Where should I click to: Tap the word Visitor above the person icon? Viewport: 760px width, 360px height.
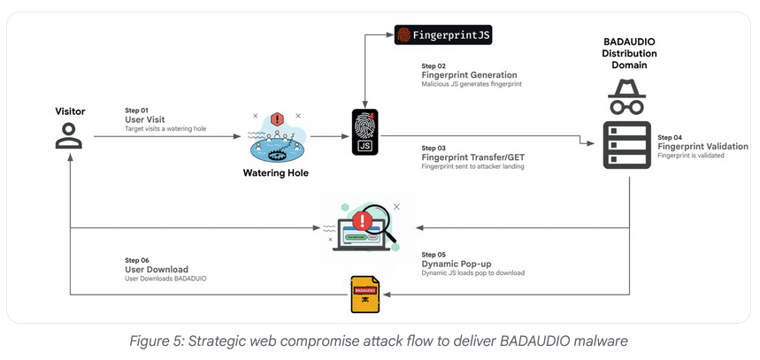tap(70, 112)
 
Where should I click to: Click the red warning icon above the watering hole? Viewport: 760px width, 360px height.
tap(277, 119)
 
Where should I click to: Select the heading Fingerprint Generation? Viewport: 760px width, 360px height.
tap(469, 75)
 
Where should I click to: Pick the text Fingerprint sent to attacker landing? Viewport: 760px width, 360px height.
tap(473, 166)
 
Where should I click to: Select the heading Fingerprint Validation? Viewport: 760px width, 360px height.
tap(702, 146)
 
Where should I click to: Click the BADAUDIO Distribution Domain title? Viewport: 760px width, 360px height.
tap(629, 53)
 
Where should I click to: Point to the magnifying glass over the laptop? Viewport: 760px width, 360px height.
tap(378, 217)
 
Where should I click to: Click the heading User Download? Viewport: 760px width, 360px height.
tap(157, 269)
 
